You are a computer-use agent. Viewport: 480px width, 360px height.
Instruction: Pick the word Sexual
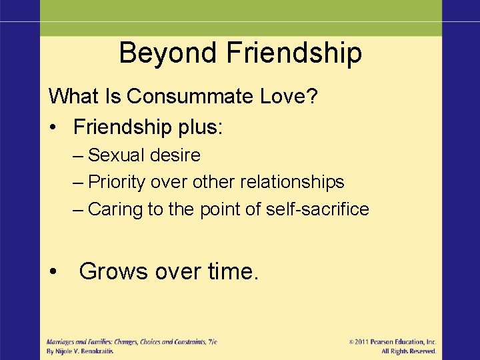pyautogui.click(x=118, y=155)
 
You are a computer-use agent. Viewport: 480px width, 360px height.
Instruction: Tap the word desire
pyautogui.click(x=176, y=155)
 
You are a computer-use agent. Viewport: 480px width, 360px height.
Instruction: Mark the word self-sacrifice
pyautogui.click(x=317, y=209)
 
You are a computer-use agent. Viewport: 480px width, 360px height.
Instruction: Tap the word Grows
pyautogui.click(x=113, y=271)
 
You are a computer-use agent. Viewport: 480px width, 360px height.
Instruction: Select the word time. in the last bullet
pyautogui.click(x=233, y=271)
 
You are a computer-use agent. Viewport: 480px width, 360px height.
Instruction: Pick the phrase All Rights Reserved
pyautogui.click(x=409, y=351)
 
